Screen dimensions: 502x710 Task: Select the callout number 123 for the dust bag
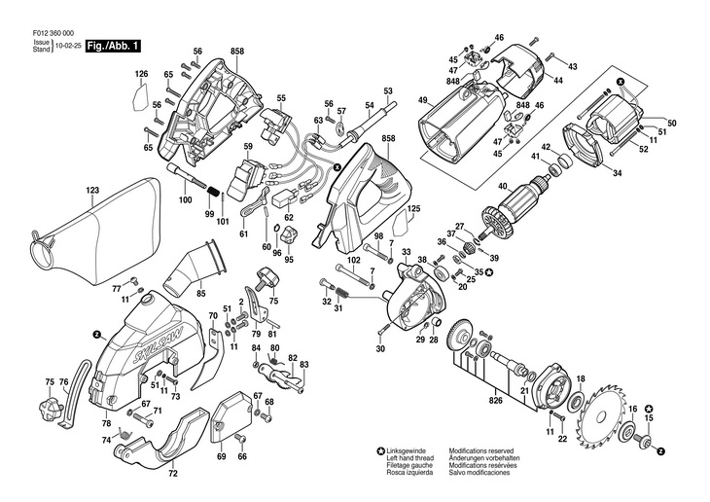coord(92,191)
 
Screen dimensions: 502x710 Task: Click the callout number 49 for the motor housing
coord(423,100)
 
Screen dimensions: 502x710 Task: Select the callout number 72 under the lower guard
coord(173,474)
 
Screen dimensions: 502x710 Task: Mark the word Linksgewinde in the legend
coord(410,451)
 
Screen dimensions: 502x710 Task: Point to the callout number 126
coord(141,74)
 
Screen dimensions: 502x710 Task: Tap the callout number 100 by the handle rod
coord(185,199)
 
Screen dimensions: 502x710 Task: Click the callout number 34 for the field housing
coord(616,173)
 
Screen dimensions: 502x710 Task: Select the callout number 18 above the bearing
coord(581,378)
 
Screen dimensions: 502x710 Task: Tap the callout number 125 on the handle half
coord(413,208)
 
